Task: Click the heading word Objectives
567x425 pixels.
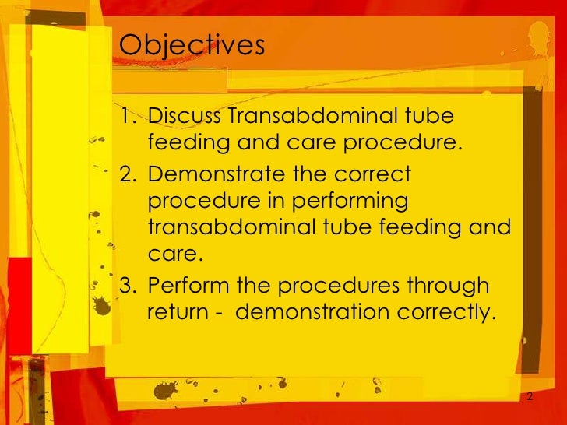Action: [192, 46]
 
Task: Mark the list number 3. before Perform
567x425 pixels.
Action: [129, 285]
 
